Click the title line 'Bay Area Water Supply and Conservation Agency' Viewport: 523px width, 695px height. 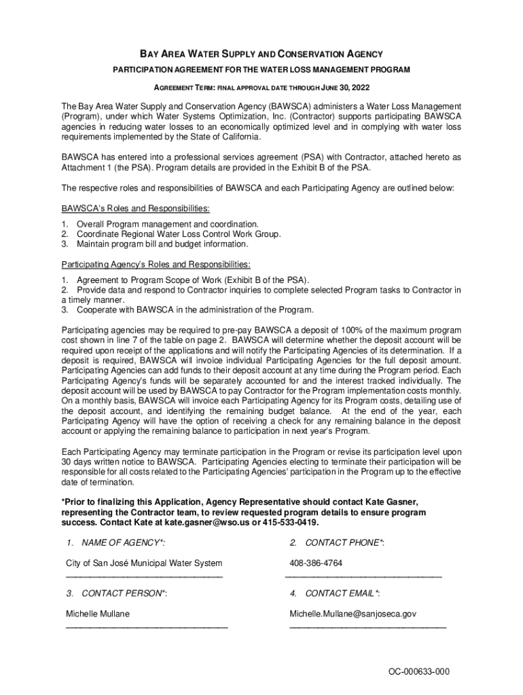[x=261, y=54]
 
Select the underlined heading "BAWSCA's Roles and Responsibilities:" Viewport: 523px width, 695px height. [x=135, y=208]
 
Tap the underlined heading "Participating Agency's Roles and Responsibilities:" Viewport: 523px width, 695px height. [x=156, y=264]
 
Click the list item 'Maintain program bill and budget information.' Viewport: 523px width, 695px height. [x=162, y=244]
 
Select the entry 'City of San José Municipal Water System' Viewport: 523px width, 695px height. [x=143, y=563]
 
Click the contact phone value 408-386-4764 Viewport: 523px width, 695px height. [x=316, y=563]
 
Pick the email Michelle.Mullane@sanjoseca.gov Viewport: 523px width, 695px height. [x=353, y=614]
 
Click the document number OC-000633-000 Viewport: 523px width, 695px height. [x=419, y=672]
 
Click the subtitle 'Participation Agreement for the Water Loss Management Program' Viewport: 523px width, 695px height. [x=261, y=71]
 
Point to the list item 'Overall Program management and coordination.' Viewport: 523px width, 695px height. [x=167, y=224]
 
